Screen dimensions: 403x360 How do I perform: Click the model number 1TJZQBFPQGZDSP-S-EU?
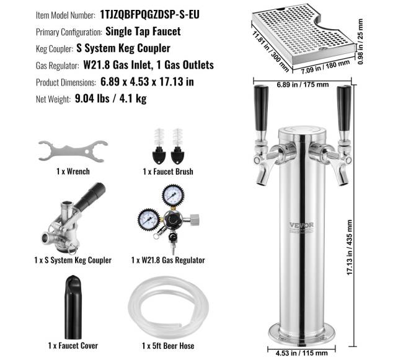pyautogui.click(x=149, y=15)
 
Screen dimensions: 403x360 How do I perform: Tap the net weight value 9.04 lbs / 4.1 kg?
pyautogui.click(x=110, y=99)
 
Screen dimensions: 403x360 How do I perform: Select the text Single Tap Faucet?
pyautogui.click(x=143, y=32)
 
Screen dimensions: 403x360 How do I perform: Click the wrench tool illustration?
pyautogui.click(x=73, y=151)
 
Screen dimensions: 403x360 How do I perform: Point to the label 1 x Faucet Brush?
pyautogui.click(x=168, y=171)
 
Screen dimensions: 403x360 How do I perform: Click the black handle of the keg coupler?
pyautogui.click(x=91, y=196)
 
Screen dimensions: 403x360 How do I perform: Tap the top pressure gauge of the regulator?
pyautogui.click(x=173, y=196)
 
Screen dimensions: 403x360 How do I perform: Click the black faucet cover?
pyautogui.click(x=73, y=307)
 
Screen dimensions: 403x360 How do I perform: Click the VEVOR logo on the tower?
pyautogui.click(x=302, y=225)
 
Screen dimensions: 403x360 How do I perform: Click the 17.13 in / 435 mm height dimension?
pyautogui.click(x=349, y=247)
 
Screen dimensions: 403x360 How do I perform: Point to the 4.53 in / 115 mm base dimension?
pyautogui.click(x=301, y=353)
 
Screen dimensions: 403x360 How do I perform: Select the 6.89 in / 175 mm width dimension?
pyautogui.click(x=303, y=84)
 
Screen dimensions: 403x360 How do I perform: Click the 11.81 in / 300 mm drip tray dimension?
pyautogui.click(x=271, y=51)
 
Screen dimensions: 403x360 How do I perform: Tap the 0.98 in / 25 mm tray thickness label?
pyautogui.click(x=360, y=42)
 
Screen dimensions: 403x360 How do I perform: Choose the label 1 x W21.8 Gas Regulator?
pyautogui.click(x=168, y=260)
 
